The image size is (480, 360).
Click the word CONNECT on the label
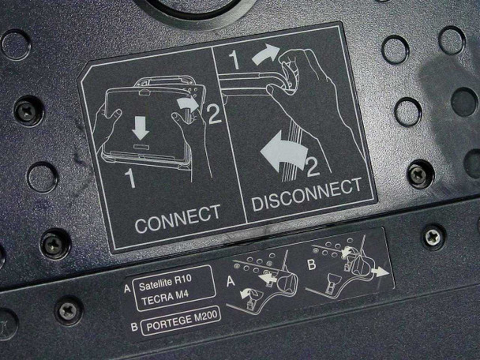tap(178, 219)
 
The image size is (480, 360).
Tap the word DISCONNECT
tap(307, 194)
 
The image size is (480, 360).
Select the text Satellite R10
tap(165, 283)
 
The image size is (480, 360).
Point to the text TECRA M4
tap(165, 298)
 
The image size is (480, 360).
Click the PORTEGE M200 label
tap(182, 320)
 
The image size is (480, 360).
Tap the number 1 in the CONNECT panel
tap(130, 178)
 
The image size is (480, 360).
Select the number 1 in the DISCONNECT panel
tap(234, 59)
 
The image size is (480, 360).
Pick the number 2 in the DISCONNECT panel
tap(313, 166)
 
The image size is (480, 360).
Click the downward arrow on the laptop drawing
tap(141, 128)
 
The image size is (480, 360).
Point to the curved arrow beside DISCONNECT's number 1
tap(265, 54)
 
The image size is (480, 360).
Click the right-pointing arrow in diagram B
tap(380, 272)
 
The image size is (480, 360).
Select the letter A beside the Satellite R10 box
tap(128, 288)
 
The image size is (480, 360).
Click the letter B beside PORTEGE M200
tap(134, 327)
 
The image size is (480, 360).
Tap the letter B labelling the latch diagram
tap(312, 264)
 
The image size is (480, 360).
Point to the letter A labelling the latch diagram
tap(231, 281)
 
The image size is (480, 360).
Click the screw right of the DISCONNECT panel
tap(420, 174)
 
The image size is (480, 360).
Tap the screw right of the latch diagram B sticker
tap(433, 237)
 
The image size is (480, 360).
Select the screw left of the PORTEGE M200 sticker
tap(68, 310)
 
